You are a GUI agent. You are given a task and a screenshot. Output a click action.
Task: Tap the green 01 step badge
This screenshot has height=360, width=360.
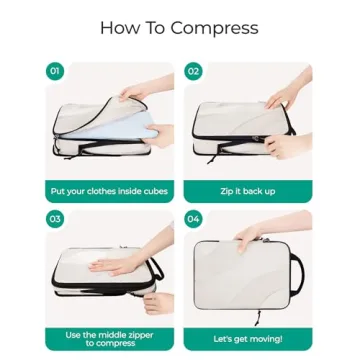point(54,70)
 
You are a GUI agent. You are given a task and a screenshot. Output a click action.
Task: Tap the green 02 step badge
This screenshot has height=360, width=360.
point(192,70)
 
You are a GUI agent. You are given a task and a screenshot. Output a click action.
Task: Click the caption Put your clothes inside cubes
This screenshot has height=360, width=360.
point(110,190)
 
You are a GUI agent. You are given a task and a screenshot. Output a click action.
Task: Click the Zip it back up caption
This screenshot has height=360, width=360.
point(248,190)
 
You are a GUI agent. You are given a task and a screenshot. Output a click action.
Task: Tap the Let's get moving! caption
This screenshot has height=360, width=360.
point(248,338)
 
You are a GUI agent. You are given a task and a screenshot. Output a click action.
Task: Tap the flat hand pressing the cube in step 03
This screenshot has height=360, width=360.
point(100,265)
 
